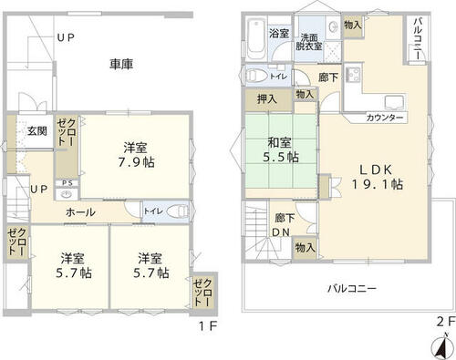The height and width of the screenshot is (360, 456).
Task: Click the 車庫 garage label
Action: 121,64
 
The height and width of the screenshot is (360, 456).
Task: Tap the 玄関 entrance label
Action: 37,131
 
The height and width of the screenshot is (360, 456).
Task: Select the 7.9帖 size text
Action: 137,162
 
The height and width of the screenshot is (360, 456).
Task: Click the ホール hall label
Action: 80,212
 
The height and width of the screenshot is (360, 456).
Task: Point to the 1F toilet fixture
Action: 177,211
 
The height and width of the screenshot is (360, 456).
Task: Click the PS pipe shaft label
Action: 67,183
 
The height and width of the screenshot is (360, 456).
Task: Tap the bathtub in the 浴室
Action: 256,39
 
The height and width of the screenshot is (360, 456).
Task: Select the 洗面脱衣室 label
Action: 309,42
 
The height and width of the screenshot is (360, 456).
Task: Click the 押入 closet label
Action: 267,99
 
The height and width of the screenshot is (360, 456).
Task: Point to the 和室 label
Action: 279,142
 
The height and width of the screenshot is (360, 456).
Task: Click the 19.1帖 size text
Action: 378,184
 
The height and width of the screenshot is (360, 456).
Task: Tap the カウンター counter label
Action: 385,118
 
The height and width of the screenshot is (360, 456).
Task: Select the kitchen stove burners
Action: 353,74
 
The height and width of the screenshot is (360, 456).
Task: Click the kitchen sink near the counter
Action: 395,102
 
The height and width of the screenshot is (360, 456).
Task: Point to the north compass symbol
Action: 442,347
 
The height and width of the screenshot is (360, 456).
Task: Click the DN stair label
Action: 281,232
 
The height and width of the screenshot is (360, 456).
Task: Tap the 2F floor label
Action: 446,322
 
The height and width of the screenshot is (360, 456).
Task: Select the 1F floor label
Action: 208,326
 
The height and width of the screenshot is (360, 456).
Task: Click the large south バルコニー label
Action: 352,288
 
